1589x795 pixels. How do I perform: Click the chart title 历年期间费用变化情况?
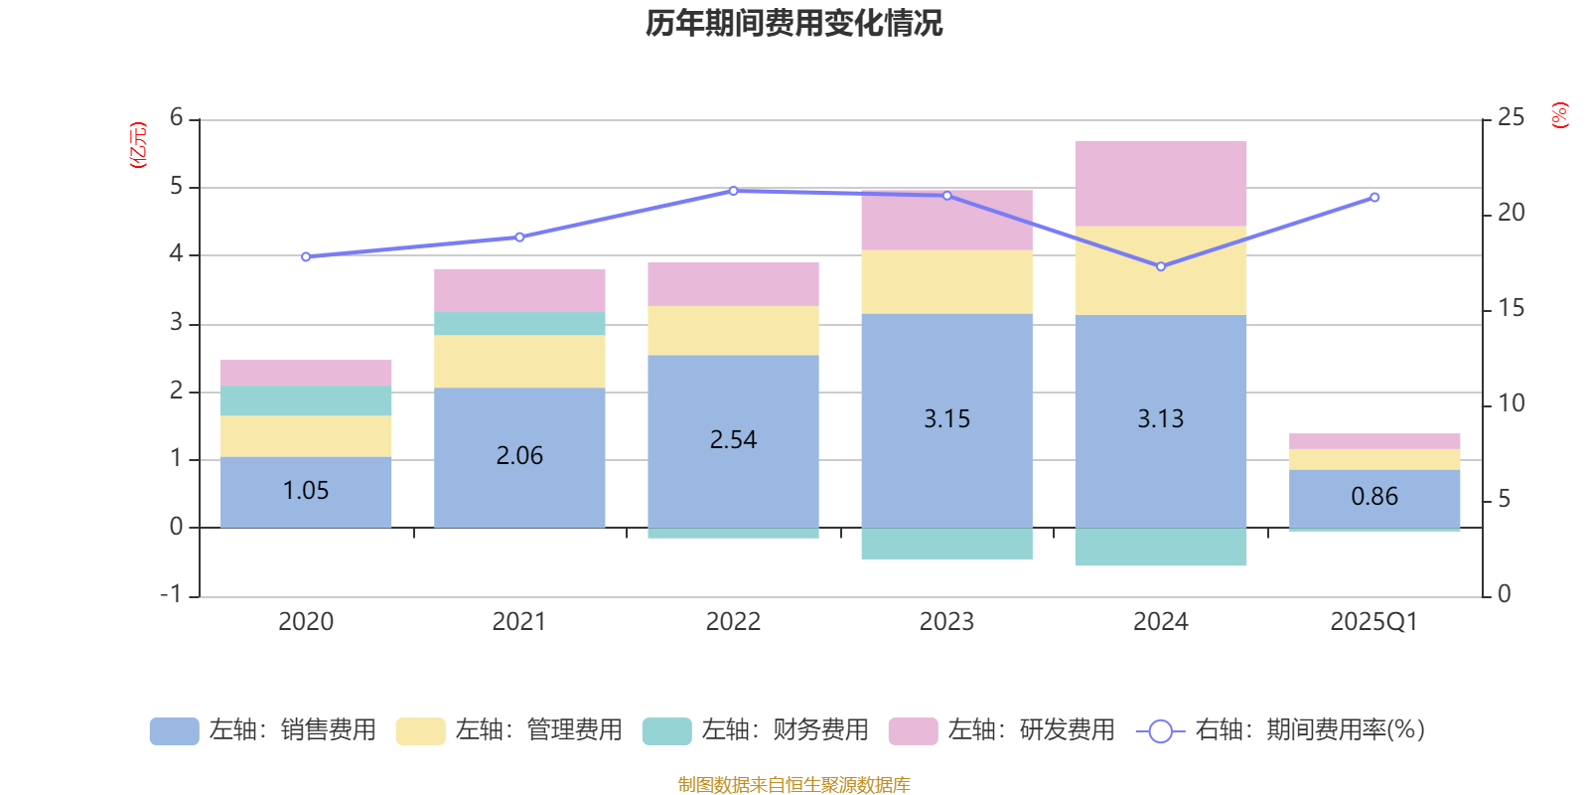pyautogui.click(x=794, y=23)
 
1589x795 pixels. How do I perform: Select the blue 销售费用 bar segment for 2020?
pyautogui.click(x=305, y=492)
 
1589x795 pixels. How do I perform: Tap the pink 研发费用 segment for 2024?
pyautogui.click(x=1160, y=184)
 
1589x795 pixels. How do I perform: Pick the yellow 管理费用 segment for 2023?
pyautogui.click(x=946, y=282)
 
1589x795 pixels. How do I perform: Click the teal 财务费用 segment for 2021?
pyautogui.click(x=519, y=324)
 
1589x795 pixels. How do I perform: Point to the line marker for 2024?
pyautogui.click(x=1160, y=266)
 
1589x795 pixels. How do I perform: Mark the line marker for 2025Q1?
pyautogui.click(x=1374, y=198)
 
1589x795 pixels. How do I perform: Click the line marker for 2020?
pyautogui.click(x=305, y=257)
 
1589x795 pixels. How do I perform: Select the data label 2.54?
pyautogui.click(x=733, y=440)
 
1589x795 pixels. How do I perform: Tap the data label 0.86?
pyautogui.click(x=1374, y=497)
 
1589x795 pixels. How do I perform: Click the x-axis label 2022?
pyautogui.click(x=733, y=622)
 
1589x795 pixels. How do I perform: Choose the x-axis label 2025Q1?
pyautogui.click(x=1373, y=622)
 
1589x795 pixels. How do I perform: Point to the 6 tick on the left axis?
pyautogui.click(x=177, y=118)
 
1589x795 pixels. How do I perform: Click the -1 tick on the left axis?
pyautogui.click(x=172, y=594)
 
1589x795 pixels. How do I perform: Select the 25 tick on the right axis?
pyautogui.click(x=1511, y=118)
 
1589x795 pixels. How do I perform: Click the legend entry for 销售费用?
pyautogui.click(x=263, y=730)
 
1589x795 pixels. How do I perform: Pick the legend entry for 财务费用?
pyautogui.click(x=756, y=730)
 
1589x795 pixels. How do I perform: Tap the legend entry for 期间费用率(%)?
pyautogui.click(x=1281, y=730)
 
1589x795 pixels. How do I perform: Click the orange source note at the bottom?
pyautogui.click(x=794, y=785)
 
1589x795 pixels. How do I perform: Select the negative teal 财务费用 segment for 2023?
pyautogui.click(x=946, y=544)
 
